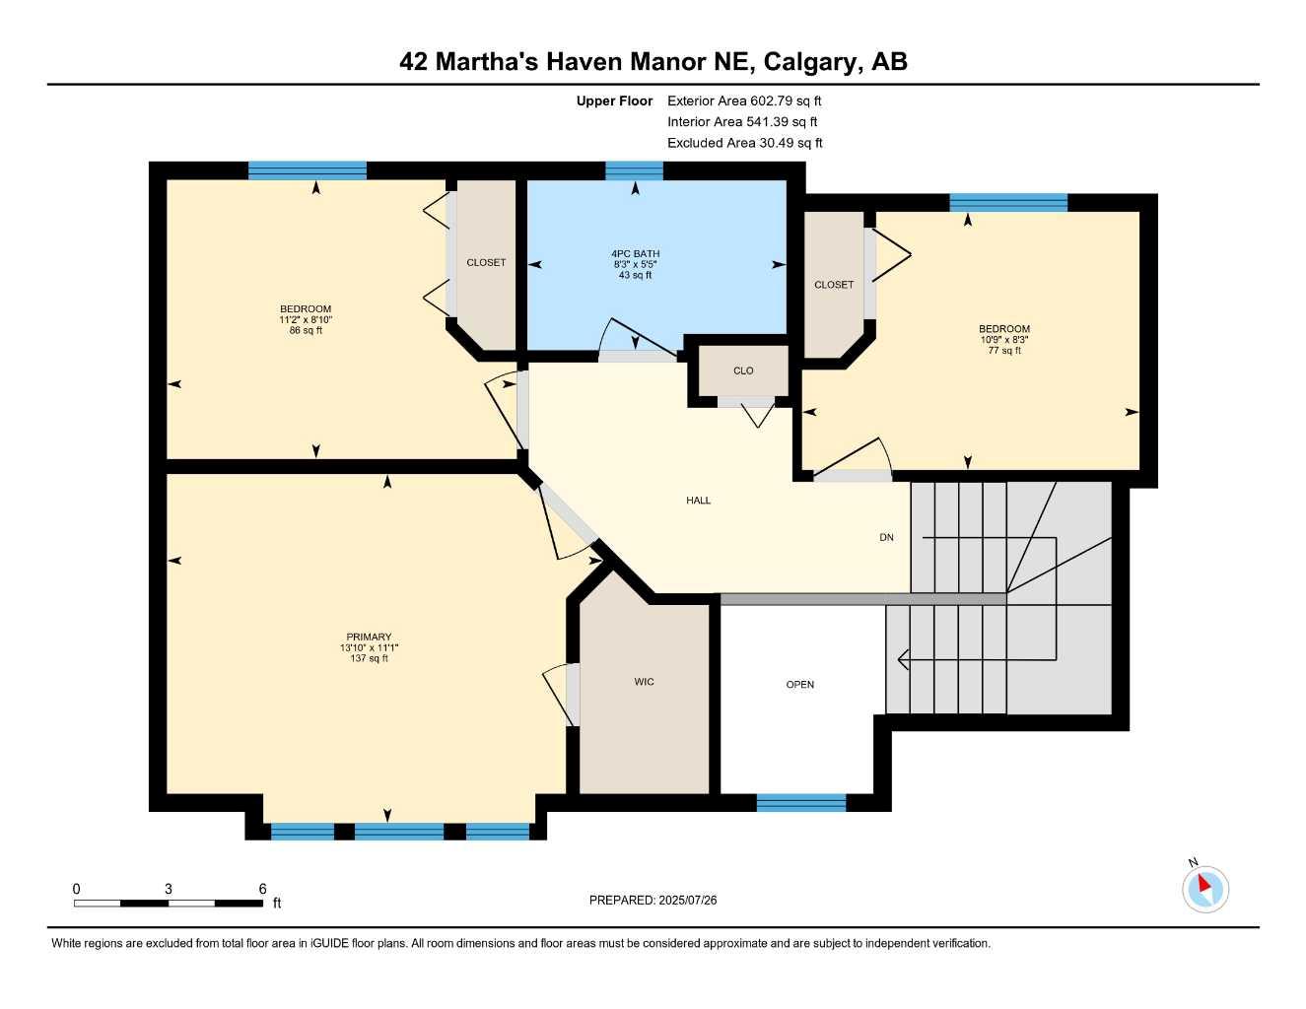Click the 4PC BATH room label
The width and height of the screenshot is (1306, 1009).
pyautogui.click(x=636, y=254)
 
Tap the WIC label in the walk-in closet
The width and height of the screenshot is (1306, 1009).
pyautogui.click(x=645, y=682)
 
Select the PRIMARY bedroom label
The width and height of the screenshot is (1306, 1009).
pyautogui.click(x=369, y=638)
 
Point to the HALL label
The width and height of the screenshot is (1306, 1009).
pyautogui.click(x=699, y=501)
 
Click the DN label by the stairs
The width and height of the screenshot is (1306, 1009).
pyautogui.click(x=886, y=538)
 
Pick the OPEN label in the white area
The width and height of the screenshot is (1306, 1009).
pyautogui.click(x=800, y=685)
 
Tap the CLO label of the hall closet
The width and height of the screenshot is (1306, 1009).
pyautogui.click(x=743, y=371)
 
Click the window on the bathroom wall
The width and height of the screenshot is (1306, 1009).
pyautogui.click(x=634, y=171)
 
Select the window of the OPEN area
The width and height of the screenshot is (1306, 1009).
pyautogui.click(x=801, y=803)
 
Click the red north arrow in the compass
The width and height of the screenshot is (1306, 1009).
pyautogui.click(x=1204, y=884)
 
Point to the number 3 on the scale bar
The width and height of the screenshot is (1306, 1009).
pyautogui.click(x=169, y=889)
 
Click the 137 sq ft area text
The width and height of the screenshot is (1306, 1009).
pyautogui.click(x=369, y=659)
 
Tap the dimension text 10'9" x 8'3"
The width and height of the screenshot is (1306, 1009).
pyautogui.click(x=1004, y=340)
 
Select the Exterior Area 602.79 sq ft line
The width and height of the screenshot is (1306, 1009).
pyautogui.click(x=744, y=101)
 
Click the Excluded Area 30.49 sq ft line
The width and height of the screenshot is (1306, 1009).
pyautogui.click(x=744, y=143)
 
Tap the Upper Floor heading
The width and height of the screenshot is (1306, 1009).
pyautogui.click(x=614, y=101)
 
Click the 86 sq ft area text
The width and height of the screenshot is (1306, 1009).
pyautogui.click(x=306, y=331)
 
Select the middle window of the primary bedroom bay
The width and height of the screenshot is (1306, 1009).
pyautogui.click(x=399, y=832)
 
